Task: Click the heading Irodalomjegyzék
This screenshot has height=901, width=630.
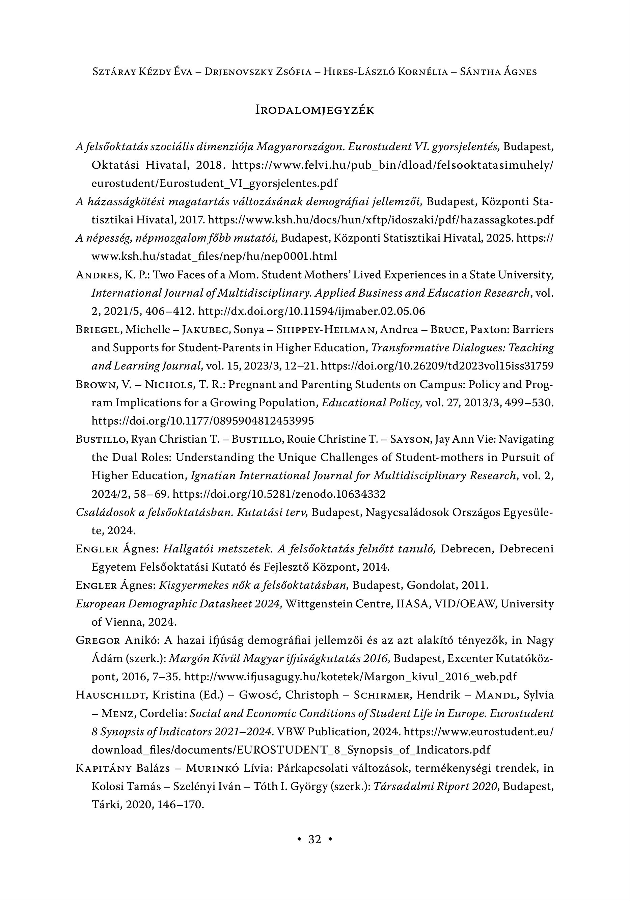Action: click(x=315, y=110)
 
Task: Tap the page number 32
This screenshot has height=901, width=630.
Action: click(x=315, y=839)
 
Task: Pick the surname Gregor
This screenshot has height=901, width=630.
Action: click(x=98, y=640)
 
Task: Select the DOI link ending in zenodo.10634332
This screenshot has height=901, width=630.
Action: click(x=279, y=494)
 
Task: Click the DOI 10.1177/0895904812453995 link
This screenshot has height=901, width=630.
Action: click(x=202, y=421)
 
